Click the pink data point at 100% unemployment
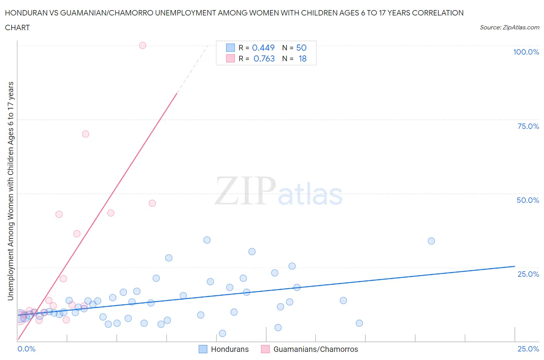(x=142, y=45)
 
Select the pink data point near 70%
(x=86, y=134)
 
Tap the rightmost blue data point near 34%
(x=431, y=241)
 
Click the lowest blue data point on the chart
(x=222, y=333)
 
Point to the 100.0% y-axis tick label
(x=526, y=52)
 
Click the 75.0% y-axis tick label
(x=528, y=126)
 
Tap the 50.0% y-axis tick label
(x=528, y=200)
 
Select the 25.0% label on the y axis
(x=528, y=274)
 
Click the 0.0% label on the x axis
(x=26, y=349)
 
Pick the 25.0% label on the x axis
(x=528, y=349)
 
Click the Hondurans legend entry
(x=229, y=349)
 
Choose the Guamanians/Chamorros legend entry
(x=315, y=349)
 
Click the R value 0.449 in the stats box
(x=263, y=48)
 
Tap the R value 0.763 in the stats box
(x=264, y=58)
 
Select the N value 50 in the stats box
(x=301, y=48)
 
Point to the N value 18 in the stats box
(x=302, y=58)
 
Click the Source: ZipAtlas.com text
(x=509, y=27)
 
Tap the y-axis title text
(x=10, y=191)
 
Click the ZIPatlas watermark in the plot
(x=279, y=192)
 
